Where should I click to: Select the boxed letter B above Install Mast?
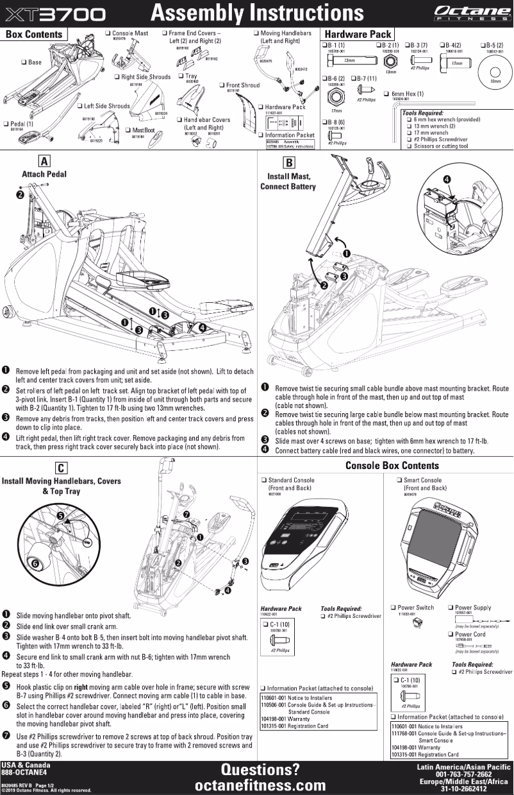289,162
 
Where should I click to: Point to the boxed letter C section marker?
59,468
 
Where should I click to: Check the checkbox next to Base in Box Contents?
24,62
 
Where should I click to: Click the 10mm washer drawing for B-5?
495,72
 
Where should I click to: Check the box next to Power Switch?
394,607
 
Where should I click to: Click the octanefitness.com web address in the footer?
260,785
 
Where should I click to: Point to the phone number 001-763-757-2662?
463,774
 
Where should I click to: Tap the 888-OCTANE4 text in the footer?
22,773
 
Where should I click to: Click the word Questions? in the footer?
260,769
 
